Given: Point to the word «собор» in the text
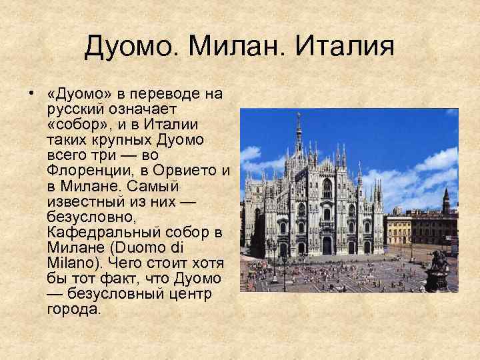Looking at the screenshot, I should click(74, 124).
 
